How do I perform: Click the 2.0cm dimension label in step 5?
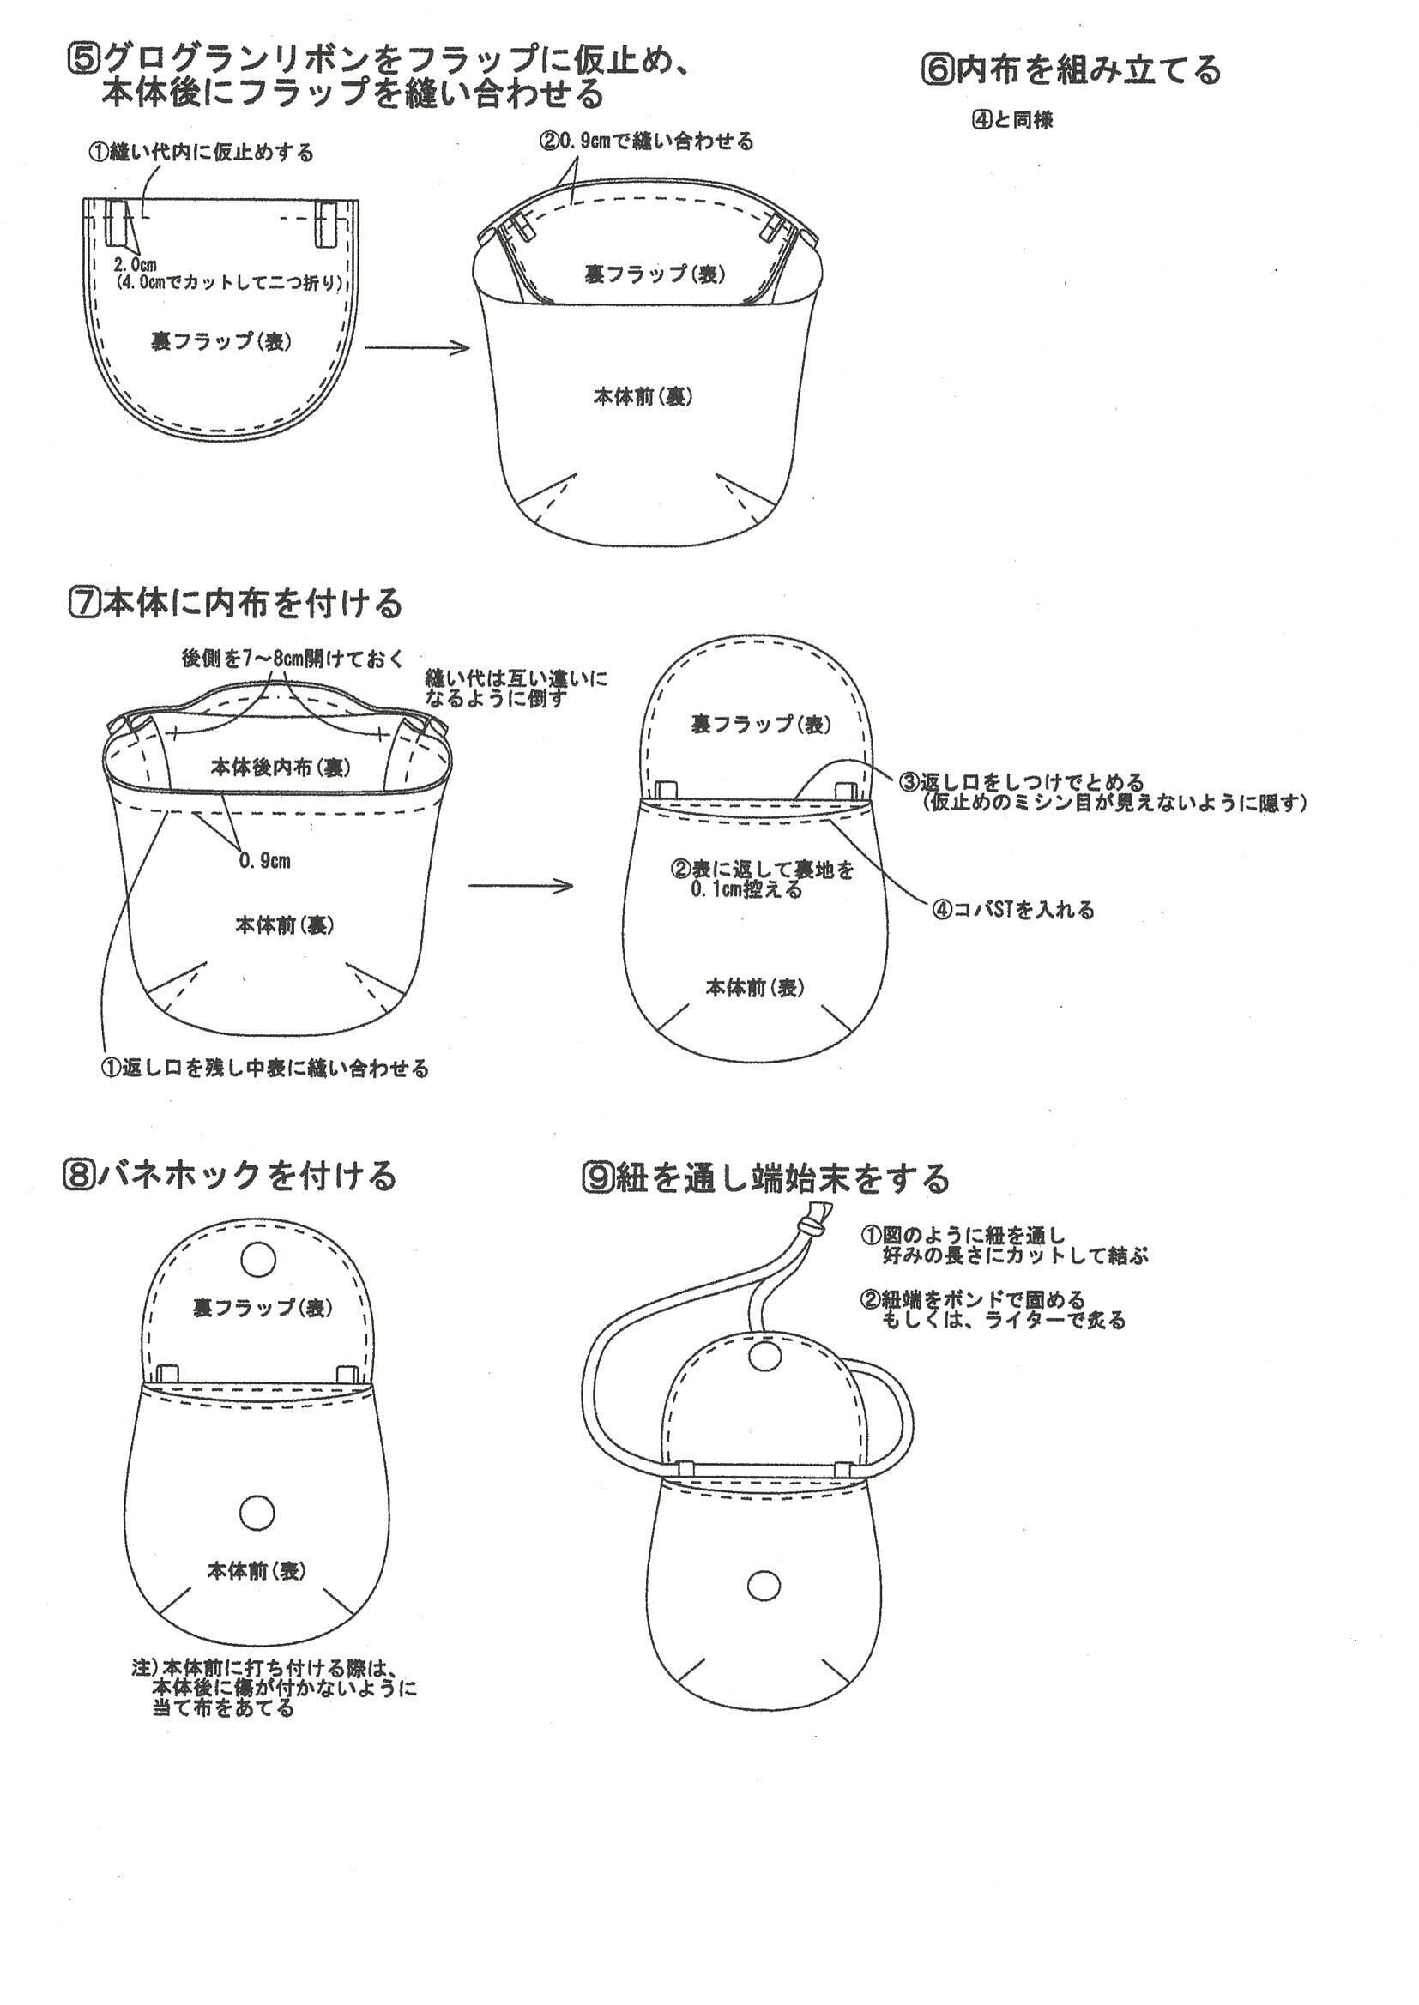click(x=135, y=266)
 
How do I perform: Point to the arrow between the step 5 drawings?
click(x=416, y=348)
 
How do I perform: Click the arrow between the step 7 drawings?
click(x=520, y=886)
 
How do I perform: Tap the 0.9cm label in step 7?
click(x=265, y=861)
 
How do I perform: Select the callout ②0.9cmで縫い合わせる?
click(x=647, y=141)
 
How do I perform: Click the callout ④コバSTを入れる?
click(x=1013, y=910)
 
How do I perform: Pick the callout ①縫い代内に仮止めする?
click(x=200, y=153)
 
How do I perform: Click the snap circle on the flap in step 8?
click(x=257, y=1260)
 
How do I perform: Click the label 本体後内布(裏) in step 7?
click(x=281, y=768)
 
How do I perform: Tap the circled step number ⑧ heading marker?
click(x=78, y=1176)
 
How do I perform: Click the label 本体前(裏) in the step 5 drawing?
click(x=643, y=396)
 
